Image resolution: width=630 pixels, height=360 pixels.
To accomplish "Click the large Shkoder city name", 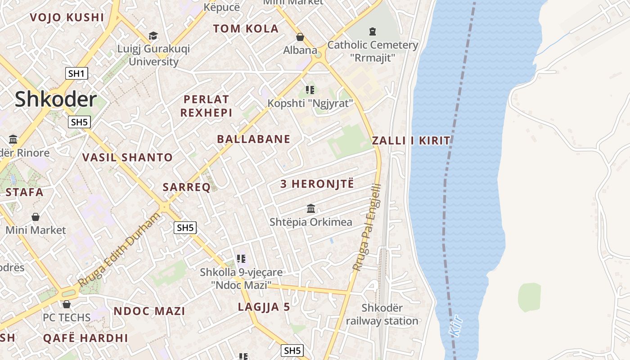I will click(x=56, y=99).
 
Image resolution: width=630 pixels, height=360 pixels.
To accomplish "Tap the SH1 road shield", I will click(x=76, y=73).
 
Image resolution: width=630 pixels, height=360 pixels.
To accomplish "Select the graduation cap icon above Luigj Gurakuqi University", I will click(x=153, y=36).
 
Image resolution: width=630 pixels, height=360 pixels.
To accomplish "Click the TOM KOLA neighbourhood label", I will click(x=246, y=29).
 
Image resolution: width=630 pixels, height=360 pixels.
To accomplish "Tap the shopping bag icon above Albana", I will click(x=300, y=37).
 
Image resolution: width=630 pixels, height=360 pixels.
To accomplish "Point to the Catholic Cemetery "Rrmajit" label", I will click(x=373, y=51).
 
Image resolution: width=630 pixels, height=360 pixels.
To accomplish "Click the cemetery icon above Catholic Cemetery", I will click(x=373, y=31).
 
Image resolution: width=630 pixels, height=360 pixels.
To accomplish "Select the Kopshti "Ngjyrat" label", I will click(x=310, y=103).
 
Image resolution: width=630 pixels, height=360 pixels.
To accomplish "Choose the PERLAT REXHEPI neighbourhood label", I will click(x=206, y=106).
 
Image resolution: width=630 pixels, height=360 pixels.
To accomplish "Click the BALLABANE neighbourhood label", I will click(x=254, y=139).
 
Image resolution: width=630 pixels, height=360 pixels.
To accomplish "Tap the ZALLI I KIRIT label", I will click(x=411, y=140).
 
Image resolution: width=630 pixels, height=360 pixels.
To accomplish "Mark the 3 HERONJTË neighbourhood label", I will click(x=317, y=184).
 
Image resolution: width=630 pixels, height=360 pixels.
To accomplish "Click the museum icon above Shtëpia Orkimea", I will click(x=311, y=208).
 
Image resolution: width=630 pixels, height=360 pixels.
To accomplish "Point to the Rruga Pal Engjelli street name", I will click(x=367, y=228).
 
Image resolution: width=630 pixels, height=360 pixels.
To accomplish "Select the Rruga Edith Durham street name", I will click(x=119, y=250).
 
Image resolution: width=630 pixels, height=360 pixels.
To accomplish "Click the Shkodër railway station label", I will click(x=382, y=315).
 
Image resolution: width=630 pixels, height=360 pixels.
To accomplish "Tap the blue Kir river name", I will click(x=456, y=325).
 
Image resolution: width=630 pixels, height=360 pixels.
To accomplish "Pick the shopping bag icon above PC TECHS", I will click(x=67, y=304).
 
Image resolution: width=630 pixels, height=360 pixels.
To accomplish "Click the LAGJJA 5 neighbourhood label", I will click(x=264, y=307).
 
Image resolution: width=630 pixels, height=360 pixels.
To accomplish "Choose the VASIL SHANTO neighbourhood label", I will click(x=127, y=157).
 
